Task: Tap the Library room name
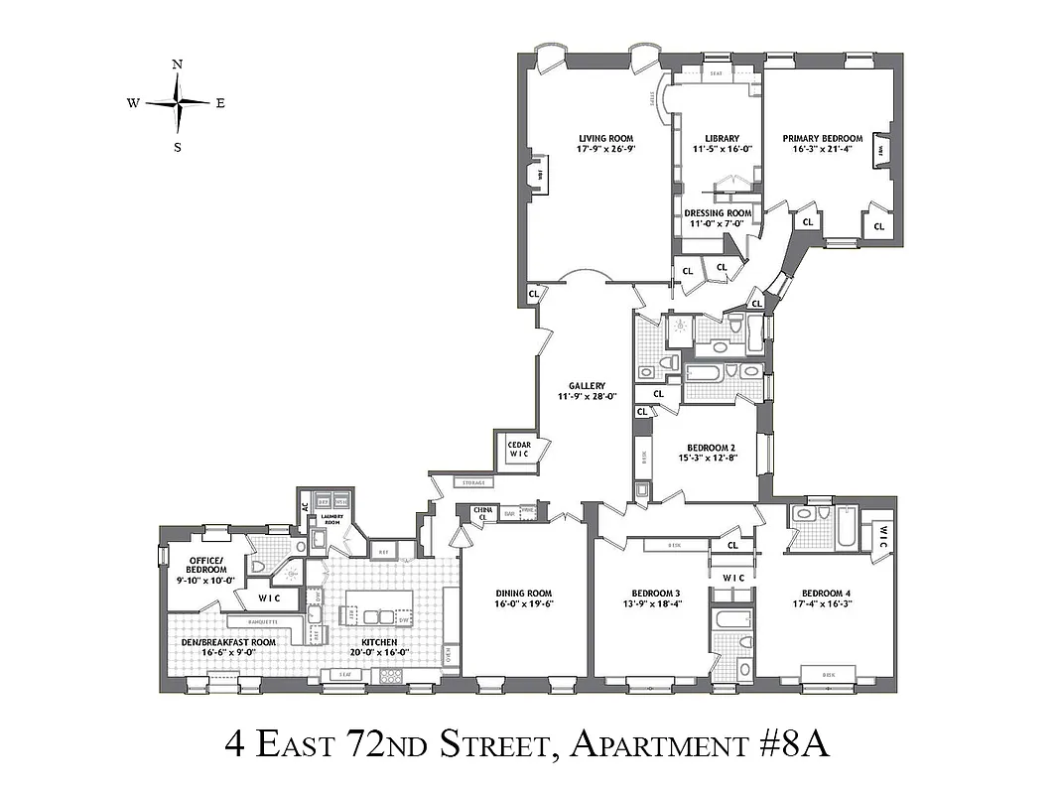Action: click(722, 138)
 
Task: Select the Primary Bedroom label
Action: click(822, 138)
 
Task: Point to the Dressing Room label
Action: click(719, 213)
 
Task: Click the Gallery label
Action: click(587, 385)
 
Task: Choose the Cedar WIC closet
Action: click(519, 450)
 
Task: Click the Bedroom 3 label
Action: click(650, 594)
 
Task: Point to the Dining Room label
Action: click(524, 594)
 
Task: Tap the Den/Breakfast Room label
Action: click(228, 642)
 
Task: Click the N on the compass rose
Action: click(178, 65)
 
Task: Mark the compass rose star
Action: click(178, 102)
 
